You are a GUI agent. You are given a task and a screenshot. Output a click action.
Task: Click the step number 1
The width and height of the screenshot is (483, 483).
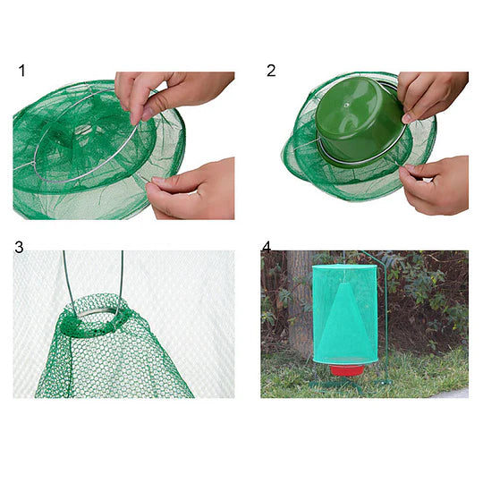pyautogui.click(x=22, y=71)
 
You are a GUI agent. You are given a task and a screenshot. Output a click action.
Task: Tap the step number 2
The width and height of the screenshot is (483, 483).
pyautogui.click(x=270, y=71)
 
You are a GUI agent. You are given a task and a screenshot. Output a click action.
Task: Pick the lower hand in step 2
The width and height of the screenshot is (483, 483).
pyautogui.click(x=438, y=183)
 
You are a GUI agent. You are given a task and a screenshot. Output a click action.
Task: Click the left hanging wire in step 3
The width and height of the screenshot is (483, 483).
pyautogui.click(x=64, y=277)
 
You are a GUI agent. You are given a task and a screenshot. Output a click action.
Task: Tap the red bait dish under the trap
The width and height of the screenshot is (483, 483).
pyautogui.click(x=346, y=369)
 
